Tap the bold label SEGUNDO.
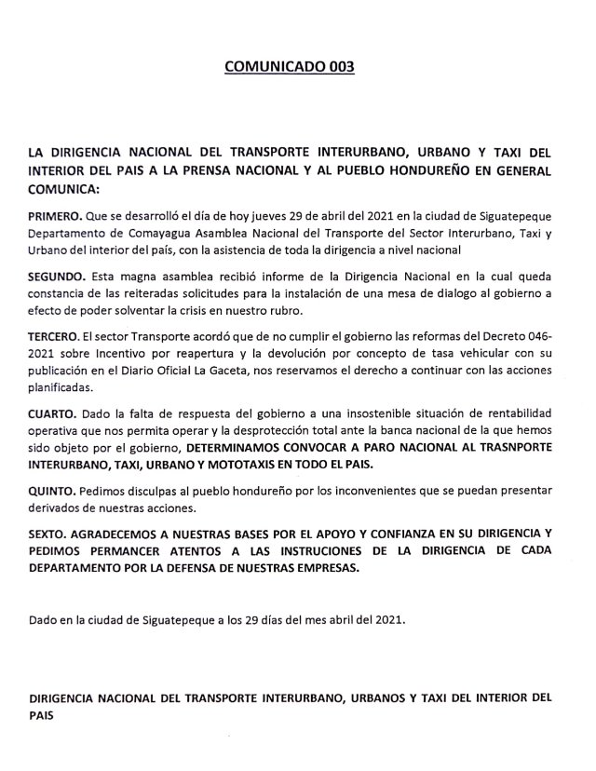(59, 277)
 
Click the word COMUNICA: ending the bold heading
(63, 187)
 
